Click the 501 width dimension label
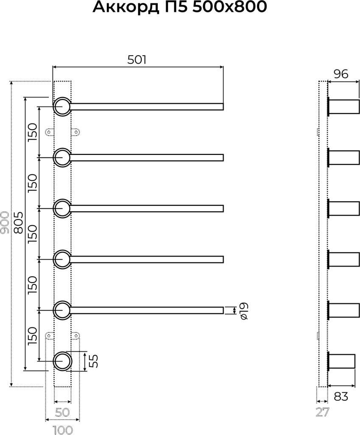137,60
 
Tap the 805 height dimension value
18,222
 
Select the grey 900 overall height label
5,222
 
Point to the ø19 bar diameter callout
243,311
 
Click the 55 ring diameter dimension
94,361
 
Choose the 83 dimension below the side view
340,396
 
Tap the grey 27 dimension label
322,412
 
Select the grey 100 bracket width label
63,430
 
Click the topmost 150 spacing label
32,132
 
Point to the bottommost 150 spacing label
32,336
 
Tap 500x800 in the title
229,7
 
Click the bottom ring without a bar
62,361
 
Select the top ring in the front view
62,107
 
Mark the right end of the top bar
223,107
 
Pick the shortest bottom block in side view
341,361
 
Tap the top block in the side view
343,107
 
